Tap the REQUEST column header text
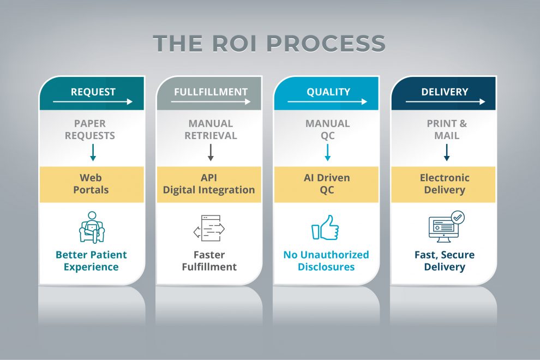tap(93, 92)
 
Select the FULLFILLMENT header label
tap(211, 92)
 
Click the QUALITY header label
tap(328, 92)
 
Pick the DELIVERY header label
tap(445, 92)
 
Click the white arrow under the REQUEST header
tap(93, 101)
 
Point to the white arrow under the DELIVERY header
tap(445, 101)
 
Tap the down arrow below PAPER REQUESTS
tap(93, 153)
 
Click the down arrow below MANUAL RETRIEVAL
tap(211, 153)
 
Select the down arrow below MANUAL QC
tap(327, 153)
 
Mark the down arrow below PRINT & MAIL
tap(447, 153)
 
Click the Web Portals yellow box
tap(92, 184)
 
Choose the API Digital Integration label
tap(209, 184)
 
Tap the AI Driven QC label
tap(327, 184)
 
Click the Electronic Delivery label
tap(445, 184)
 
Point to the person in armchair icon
tap(92, 227)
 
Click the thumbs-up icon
tap(325, 227)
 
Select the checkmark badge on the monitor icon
tap(457, 218)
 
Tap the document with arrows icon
tap(209, 228)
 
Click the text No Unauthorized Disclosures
tap(326, 261)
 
